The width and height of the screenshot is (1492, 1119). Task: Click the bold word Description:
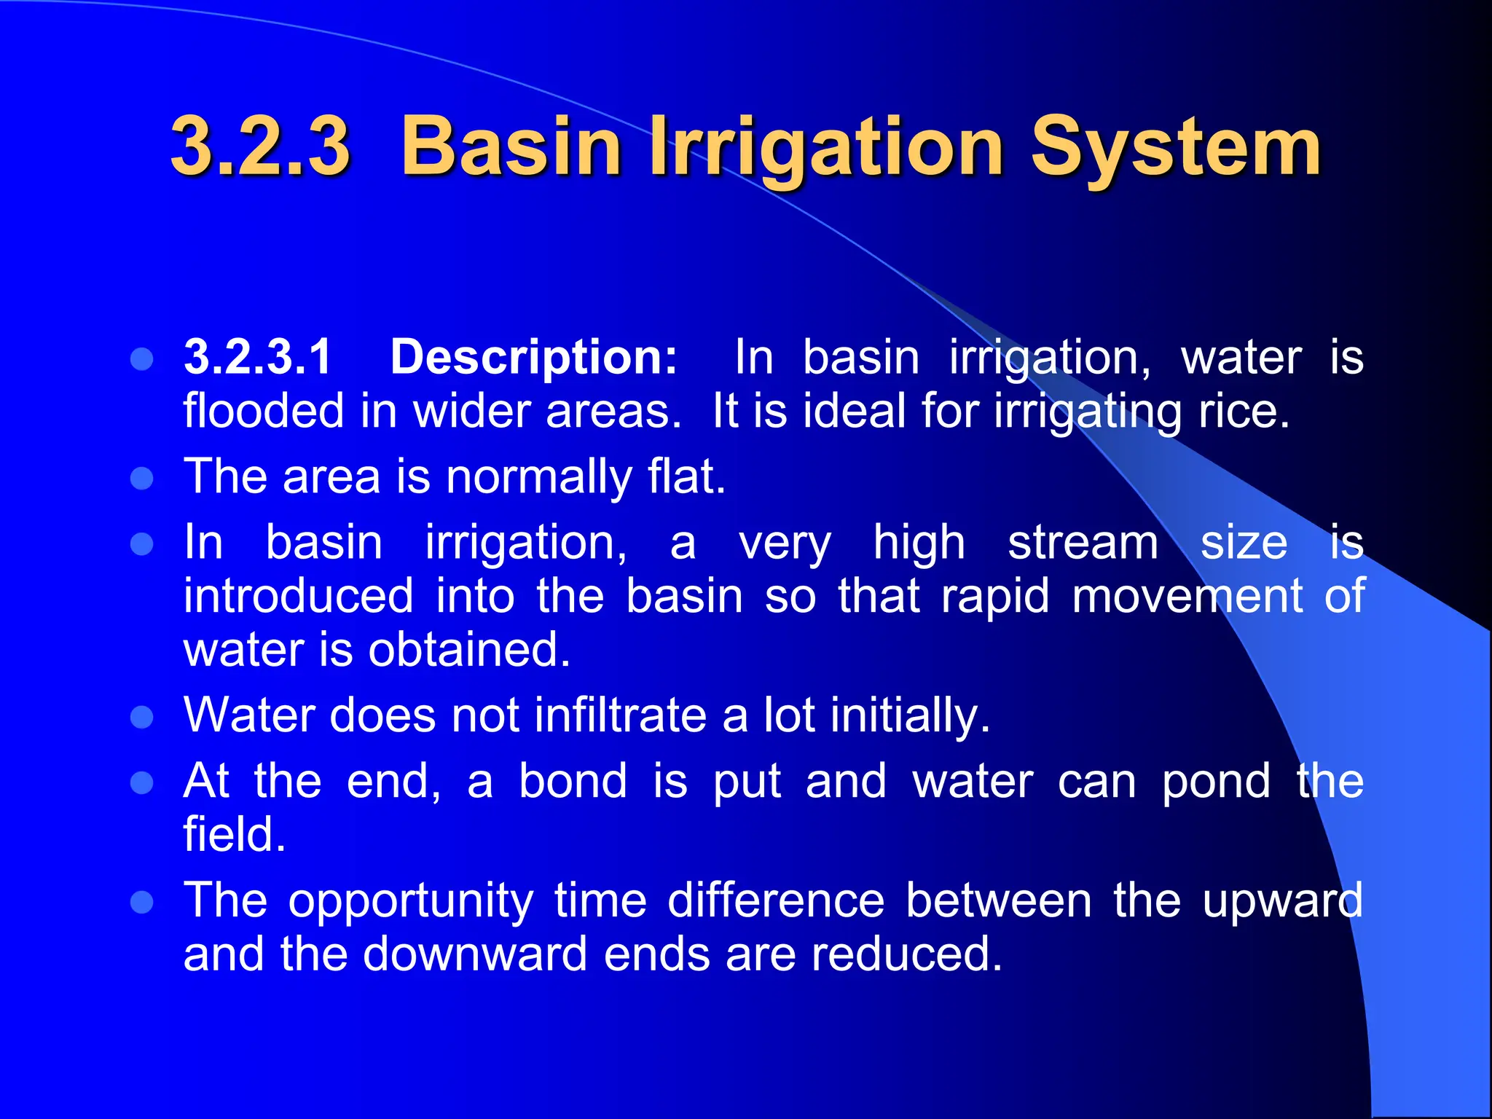(534, 357)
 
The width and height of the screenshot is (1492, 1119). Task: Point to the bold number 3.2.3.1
(258, 357)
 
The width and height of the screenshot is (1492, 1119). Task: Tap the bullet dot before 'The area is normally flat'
(141, 479)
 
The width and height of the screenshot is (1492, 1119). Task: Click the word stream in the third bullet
(1083, 543)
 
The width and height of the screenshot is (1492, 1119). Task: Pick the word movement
(1187, 596)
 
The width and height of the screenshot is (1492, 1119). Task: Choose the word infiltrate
(620, 715)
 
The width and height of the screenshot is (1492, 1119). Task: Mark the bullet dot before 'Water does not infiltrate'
(141, 717)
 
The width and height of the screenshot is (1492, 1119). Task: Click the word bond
(573, 781)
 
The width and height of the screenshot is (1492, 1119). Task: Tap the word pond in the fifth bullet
(1215, 781)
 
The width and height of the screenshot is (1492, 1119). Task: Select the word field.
(234, 834)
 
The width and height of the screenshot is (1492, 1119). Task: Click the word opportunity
(411, 900)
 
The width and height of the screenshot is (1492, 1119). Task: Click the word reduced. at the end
(906, 954)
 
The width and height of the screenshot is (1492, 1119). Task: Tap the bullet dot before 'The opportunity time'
(141, 903)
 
